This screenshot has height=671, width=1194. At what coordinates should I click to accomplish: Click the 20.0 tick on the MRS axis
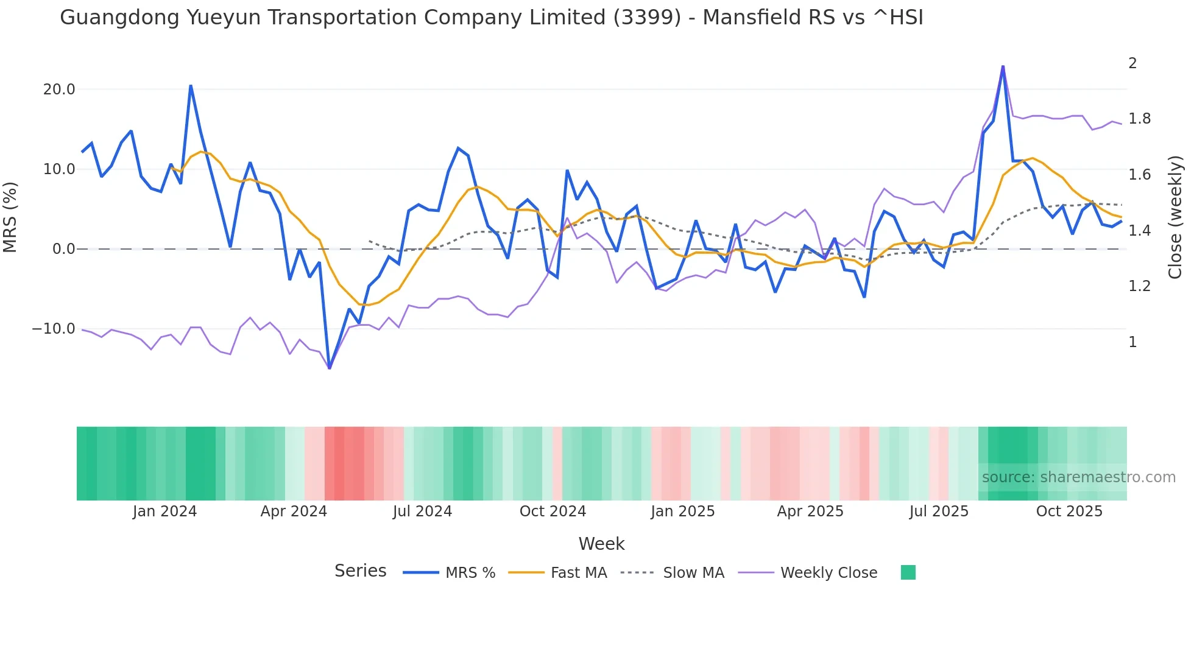[59, 90]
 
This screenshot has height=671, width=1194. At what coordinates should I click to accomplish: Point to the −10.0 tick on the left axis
[54, 329]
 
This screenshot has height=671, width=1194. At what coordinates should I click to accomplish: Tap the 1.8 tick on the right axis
[1139, 119]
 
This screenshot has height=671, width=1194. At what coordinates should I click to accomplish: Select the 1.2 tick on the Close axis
[1139, 286]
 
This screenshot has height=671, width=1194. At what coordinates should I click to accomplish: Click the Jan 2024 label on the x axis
[164, 511]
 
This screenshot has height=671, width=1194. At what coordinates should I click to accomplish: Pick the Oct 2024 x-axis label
[553, 511]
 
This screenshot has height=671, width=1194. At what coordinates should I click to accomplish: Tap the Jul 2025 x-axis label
[939, 511]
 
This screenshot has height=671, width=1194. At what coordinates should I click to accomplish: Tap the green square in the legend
[908, 572]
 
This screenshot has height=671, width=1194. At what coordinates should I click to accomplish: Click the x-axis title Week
[601, 544]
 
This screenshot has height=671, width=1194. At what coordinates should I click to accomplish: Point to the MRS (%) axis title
[10, 217]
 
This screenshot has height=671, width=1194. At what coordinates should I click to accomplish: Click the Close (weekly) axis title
[1175, 217]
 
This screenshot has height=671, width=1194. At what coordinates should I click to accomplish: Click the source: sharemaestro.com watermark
[1078, 477]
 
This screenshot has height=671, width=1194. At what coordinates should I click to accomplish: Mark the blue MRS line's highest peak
[1003, 66]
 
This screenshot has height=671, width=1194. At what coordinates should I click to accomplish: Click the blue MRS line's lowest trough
[330, 368]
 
